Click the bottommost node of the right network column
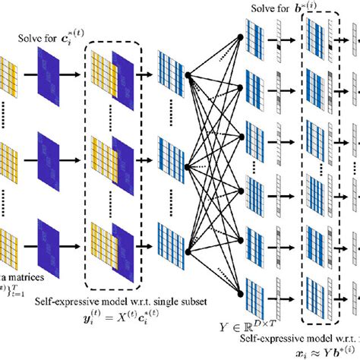tap(241, 291)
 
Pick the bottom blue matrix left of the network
tap(169, 245)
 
